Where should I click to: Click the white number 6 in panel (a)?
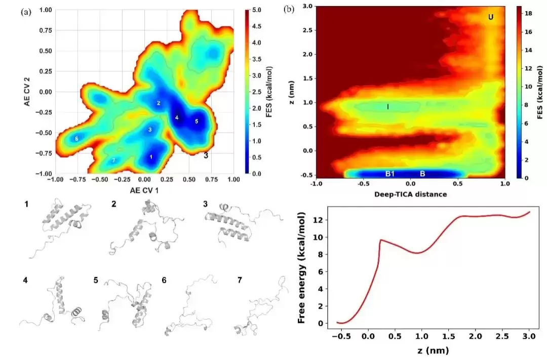click(x=76, y=139)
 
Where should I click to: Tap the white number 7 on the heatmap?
click(x=113, y=161)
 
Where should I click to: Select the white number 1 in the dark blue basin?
click(x=151, y=157)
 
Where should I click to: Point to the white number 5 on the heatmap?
click(x=197, y=122)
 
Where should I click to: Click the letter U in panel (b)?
click(x=491, y=17)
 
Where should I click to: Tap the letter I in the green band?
click(x=388, y=107)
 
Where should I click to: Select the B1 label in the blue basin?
click(x=389, y=173)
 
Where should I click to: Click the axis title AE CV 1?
click(x=144, y=190)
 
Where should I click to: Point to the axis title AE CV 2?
click(x=27, y=92)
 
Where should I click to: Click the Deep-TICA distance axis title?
click(x=411, y=194)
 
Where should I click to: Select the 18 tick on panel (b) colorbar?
click(x=528, y=13)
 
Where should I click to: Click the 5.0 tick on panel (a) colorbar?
click(x=257, y=10)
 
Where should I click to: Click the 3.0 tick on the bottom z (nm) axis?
click(x=529, y=336)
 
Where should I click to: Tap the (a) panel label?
click(x=26, y=12)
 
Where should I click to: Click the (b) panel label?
click(x=289, y=10)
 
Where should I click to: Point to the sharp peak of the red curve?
click(x=380, y=239)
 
